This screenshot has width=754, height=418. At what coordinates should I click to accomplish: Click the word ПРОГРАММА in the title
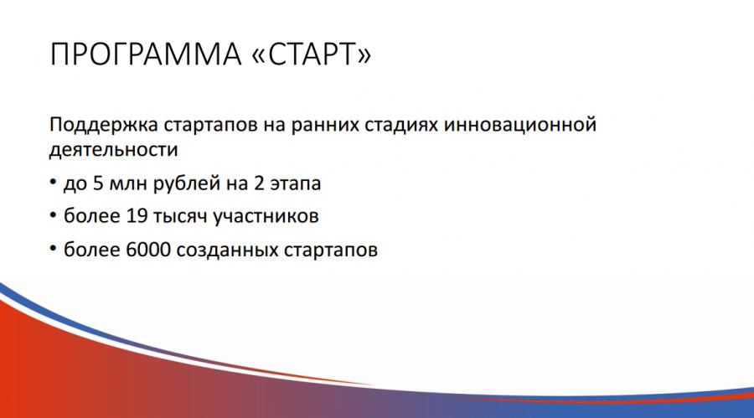145,54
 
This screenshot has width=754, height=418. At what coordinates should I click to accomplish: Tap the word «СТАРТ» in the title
312,54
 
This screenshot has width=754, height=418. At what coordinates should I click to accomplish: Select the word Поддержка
103,126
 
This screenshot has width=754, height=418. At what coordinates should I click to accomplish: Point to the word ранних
324,126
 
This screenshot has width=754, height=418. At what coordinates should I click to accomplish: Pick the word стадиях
401,126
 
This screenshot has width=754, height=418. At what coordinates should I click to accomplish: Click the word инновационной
519,125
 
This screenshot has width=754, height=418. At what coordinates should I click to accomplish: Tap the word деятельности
113,150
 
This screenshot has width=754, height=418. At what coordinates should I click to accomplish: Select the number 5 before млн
98,183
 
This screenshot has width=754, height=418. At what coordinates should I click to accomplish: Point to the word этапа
295,184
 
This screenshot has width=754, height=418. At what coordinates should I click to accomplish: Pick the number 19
137,216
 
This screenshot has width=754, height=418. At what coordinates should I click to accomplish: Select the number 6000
148,250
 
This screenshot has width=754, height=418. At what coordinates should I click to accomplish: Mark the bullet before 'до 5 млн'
53,183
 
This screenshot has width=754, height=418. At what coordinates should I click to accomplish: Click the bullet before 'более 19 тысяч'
53,216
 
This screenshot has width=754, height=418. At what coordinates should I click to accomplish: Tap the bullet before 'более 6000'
53,250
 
